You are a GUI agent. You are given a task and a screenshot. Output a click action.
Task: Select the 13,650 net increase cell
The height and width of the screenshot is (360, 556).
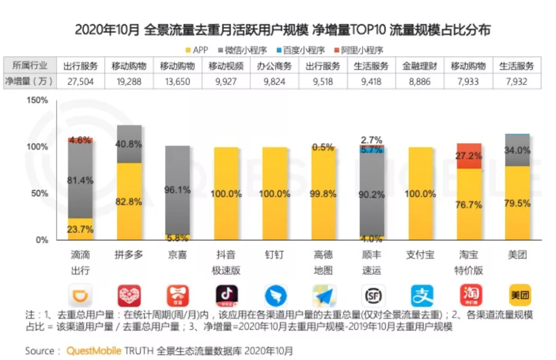click(178, 81)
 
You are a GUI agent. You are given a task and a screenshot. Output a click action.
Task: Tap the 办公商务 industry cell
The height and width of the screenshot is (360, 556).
click(274, 66)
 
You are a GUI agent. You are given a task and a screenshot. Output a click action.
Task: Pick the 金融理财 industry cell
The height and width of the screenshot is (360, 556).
click(420, 66)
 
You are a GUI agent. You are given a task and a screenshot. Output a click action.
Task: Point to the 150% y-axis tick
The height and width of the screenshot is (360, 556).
click(38, 100)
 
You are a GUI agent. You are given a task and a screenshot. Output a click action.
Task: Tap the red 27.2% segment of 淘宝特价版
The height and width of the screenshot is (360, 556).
click(469, 156)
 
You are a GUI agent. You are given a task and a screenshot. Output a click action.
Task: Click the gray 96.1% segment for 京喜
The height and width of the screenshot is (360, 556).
click(178, 190)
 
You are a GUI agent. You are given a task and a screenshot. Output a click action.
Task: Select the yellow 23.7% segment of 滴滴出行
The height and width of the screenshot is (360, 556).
click(80, 229)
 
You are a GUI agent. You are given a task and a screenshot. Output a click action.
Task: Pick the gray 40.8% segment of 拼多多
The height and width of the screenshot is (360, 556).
click(129, 144)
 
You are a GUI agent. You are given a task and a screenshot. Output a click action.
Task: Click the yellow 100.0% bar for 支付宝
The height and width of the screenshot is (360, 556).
click(420, 194)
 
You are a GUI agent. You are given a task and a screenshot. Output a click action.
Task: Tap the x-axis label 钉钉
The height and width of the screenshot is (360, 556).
click(274, 255)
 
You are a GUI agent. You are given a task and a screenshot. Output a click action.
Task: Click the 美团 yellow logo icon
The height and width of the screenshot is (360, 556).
click(517, 296)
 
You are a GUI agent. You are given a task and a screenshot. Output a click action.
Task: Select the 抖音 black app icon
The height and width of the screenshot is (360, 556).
click(227, 296)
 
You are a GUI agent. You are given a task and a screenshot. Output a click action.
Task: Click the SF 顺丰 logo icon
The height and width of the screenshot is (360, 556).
click(372, 296)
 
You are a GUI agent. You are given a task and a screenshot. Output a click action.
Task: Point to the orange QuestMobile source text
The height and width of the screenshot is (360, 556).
click(94, 351)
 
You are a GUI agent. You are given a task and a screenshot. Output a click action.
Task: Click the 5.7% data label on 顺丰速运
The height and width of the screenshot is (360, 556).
click(372, 150)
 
